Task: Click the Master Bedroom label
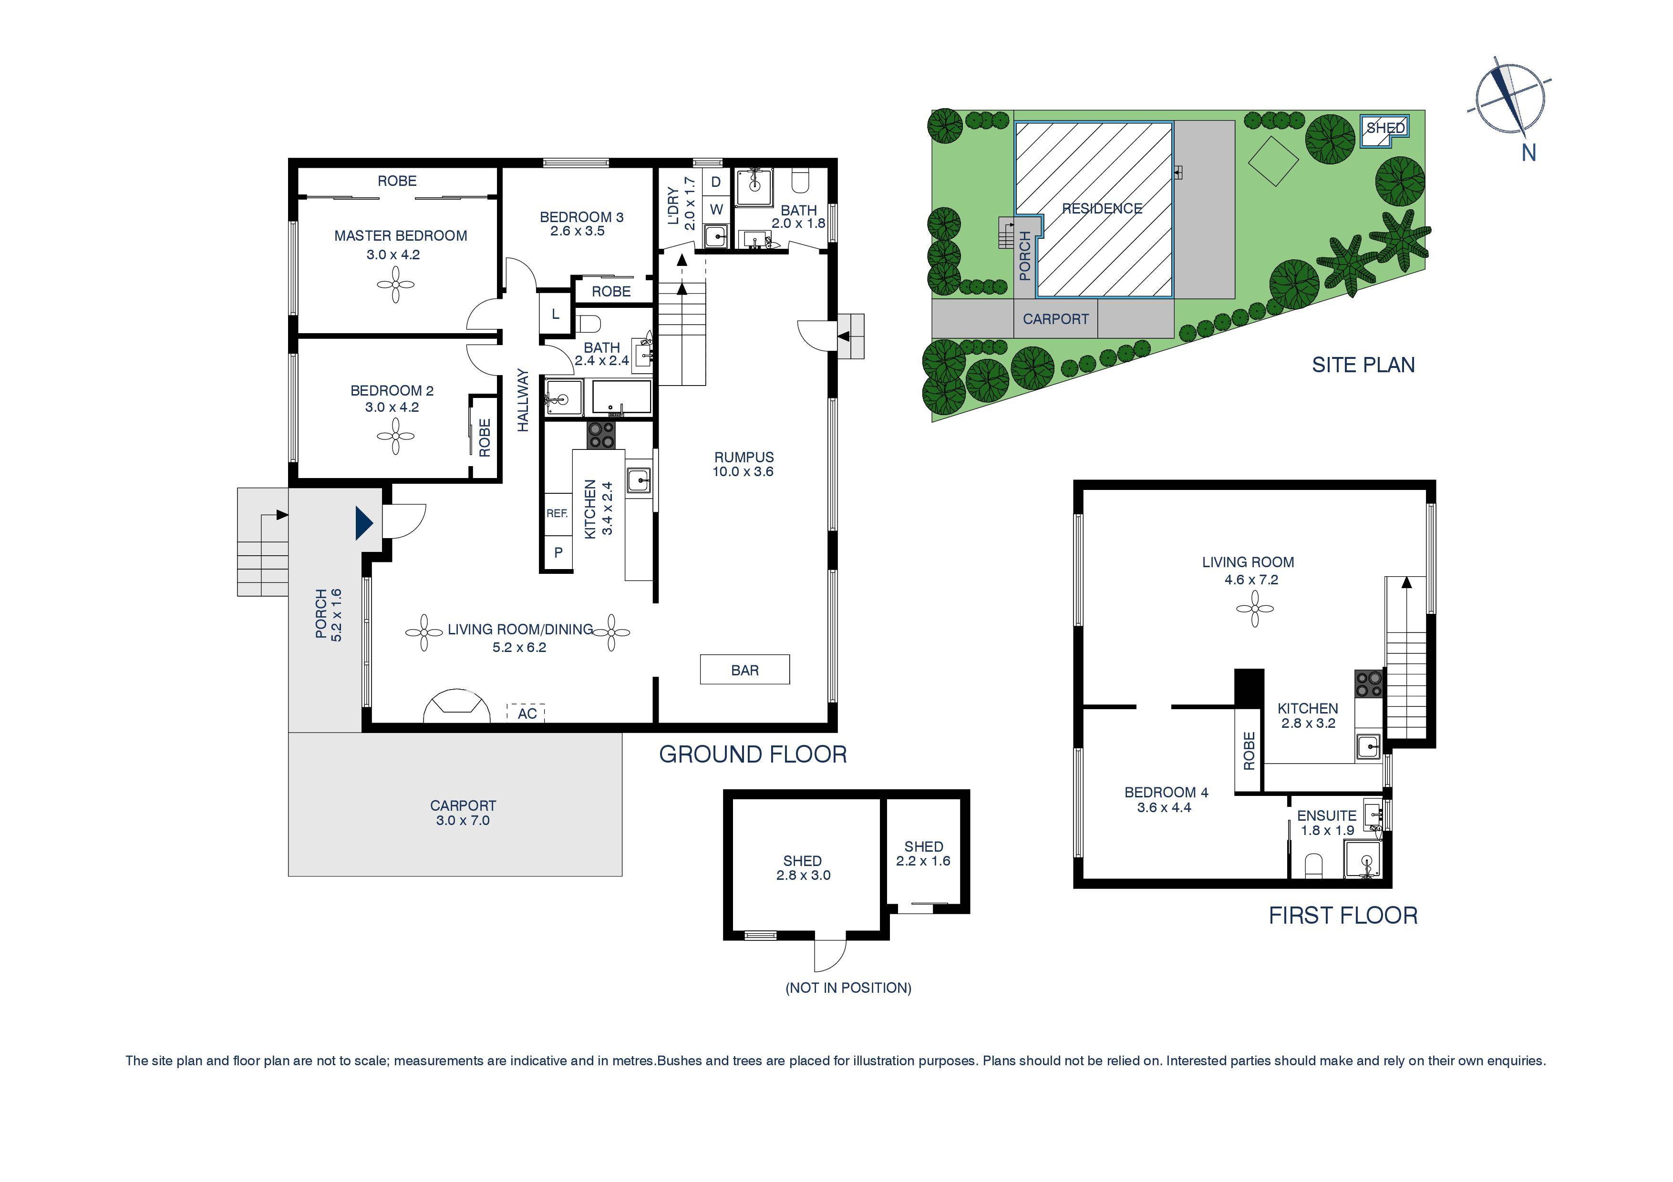click(400, 236)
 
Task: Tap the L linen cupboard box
click(555, 315)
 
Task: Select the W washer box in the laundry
click(716, 210)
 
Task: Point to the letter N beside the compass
click(1528, 153)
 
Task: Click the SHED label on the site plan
click(1384, 129)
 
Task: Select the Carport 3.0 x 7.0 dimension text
click(463, 821)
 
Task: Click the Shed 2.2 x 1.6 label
click(923, 854)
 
